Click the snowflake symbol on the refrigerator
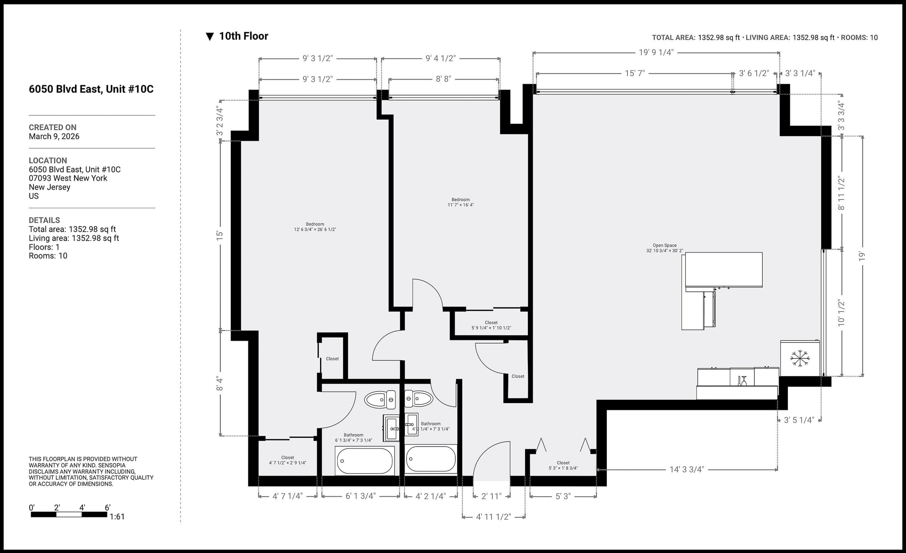coord(800,358)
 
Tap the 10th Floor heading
coord(243,36)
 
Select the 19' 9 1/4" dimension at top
coord(656,52)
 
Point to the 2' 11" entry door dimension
coord(491,496)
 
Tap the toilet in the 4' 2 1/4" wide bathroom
coord(419,399)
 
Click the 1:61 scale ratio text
coord(117,517)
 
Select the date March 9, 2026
coord(54,136)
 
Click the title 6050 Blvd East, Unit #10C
coord(91,89)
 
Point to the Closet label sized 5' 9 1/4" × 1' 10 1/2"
coord(491,325)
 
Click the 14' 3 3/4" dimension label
coord(686,469)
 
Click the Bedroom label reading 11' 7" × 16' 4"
coord(460,202)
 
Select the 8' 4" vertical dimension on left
coord(220,383)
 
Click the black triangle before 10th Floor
coord(210,36)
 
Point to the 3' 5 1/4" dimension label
coord(799,420)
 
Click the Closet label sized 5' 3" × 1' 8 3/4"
coord(563,465)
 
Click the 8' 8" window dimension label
coord(443,79)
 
